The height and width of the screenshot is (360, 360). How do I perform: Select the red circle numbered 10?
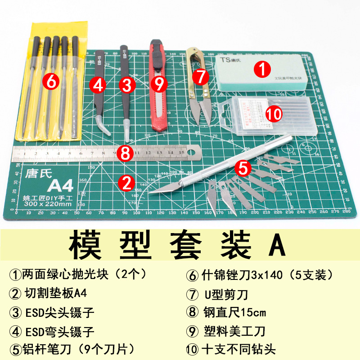point(273,113)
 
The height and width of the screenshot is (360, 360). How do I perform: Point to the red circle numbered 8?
point(126,153)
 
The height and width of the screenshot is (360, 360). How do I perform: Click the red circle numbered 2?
point(126,182)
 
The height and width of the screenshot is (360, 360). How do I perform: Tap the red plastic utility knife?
point(158,85)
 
